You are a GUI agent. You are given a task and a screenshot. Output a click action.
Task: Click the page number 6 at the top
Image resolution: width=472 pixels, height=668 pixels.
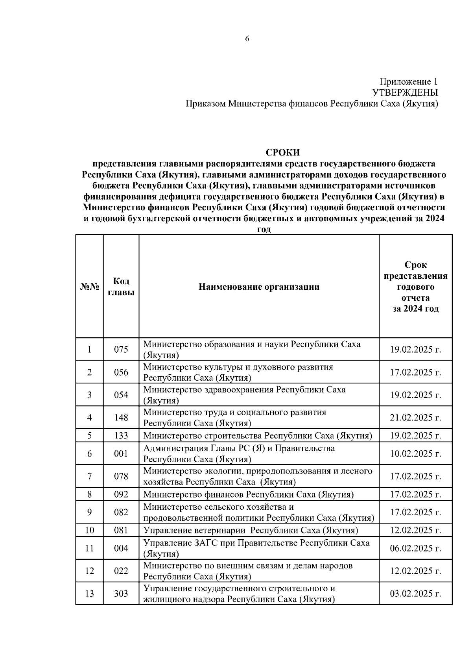tap(247, 39)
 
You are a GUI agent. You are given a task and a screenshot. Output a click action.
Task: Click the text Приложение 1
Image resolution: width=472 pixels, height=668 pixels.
tap(408, 81)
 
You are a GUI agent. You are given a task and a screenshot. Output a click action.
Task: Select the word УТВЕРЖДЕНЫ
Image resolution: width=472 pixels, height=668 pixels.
tap(405, 93)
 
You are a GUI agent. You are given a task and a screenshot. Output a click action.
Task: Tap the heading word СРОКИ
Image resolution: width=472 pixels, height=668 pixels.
tap(282, 152)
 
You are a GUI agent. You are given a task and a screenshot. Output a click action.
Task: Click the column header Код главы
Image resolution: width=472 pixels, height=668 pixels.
tap(121, 287)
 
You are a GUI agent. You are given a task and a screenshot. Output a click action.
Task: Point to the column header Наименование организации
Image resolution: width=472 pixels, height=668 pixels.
tap(259, 287)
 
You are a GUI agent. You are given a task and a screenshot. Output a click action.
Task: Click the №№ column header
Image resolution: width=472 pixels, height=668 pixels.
tap(90, 287)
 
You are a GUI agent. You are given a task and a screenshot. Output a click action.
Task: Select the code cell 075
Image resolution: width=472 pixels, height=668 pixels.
tap(121, 349)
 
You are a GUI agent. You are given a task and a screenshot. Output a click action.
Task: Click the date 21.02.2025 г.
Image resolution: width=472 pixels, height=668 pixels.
tap(415, 417)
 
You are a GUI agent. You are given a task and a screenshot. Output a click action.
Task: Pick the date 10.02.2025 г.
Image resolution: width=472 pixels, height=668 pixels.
tap(415, 453)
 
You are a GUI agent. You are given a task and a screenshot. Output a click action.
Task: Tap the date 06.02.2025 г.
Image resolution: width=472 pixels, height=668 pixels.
tap(415, 548)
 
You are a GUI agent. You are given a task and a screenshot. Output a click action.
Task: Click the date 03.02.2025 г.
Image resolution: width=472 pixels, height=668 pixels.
tap(415, 593)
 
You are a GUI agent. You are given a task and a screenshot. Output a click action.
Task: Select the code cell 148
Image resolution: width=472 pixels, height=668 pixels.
tap(121, 417)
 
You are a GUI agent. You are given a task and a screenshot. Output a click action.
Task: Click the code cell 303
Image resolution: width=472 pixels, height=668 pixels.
tap(121, 593)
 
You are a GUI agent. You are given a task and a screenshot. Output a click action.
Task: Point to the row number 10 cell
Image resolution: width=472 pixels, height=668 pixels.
tap(90, 530)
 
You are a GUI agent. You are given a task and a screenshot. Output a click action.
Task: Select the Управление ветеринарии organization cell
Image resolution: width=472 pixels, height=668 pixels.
tap(251, 530)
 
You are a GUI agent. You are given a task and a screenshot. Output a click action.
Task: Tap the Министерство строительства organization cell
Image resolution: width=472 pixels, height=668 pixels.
tap(258, 435)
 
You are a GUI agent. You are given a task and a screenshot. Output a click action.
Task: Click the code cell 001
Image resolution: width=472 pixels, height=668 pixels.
tap(121, 453)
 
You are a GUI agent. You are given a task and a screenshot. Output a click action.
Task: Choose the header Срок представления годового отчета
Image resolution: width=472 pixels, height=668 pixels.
tap(415, 287)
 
